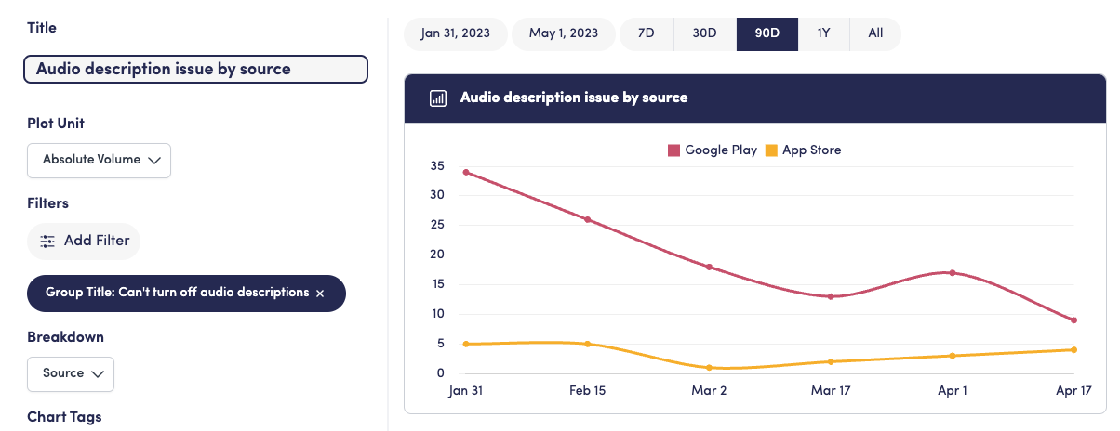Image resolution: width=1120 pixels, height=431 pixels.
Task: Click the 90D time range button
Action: tap(767, 33)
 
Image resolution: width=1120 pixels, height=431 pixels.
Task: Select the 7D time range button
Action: tap(646, 33)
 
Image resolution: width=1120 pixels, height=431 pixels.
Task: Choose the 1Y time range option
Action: tap(823, 33)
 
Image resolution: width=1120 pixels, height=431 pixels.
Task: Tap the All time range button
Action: tap(875, 33)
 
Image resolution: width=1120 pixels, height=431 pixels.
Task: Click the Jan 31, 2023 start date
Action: tap(456, 33)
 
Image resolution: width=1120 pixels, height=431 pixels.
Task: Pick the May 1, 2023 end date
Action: tap(564, 33)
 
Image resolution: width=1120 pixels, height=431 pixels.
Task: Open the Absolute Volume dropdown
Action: tap(100, 160)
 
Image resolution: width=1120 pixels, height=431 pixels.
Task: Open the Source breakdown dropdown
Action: tap(71, 373)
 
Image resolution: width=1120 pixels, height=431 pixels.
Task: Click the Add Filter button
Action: tap(84, 241)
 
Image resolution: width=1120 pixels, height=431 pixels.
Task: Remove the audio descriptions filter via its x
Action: tap(320, 293)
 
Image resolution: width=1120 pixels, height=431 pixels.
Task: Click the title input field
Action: tap(195, 69)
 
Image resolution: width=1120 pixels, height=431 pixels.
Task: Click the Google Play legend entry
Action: tap(713, 150)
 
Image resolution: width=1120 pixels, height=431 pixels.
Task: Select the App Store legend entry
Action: tap(803, 150)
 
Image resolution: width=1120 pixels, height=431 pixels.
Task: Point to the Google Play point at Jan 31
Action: tap(466, 172)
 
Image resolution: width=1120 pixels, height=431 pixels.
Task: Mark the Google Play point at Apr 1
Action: tap(953, 273)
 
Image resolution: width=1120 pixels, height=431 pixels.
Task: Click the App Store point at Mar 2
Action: tap(709, 368)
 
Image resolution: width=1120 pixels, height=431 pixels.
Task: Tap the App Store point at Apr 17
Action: tap(1073, 350)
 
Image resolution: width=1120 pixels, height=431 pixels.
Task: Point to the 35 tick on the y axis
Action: tap(437, 166)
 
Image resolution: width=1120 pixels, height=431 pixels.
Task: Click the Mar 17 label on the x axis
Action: tap(830, 391)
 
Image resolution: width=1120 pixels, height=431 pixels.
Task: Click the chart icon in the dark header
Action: tap(438, 98)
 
